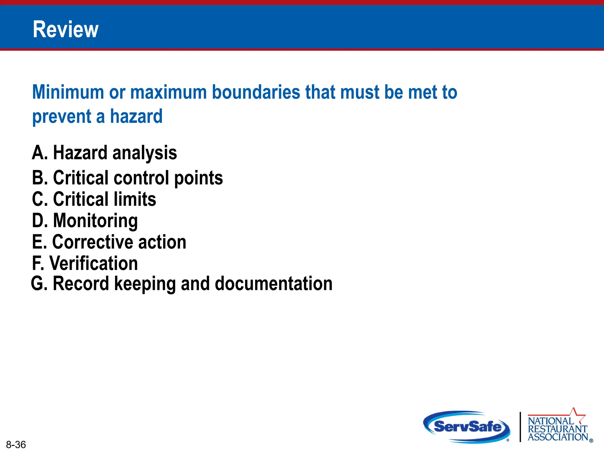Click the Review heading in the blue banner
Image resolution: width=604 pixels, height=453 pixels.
pyautogui.click(x=65, y=29)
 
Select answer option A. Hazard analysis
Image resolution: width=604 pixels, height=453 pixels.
pyautogui.click(x=104, y=153)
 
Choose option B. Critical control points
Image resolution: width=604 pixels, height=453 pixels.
pyautogui.click(x=127, y=178)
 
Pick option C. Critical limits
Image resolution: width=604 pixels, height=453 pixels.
pyautogui.click(x=94, y=199)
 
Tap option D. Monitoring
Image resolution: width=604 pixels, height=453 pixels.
pyautogui.click(x=85, y=221)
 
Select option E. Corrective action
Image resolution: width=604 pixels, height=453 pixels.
pyautogui.click(x=109, y=242)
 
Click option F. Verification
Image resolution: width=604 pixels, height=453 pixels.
pyautogui.click(x=85, y=263)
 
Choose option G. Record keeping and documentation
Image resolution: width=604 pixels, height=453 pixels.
pyautogui.click(x=182, y=284)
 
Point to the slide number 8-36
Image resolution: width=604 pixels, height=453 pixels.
pyautogui.click(x=16, y=444)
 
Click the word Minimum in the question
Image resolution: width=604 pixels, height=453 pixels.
pyautogui.click(x=68, y=92)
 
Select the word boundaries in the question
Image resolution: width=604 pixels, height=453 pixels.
pyautogui.click(x=256, y=92)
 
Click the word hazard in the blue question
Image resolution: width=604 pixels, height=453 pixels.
pyautogui.click(x=136, y=116)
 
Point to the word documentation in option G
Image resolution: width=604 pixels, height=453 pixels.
pyautogui.click(x=273, y=284)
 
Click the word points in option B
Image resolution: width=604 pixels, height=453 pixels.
pyautogui.click(x=198, y=178)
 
